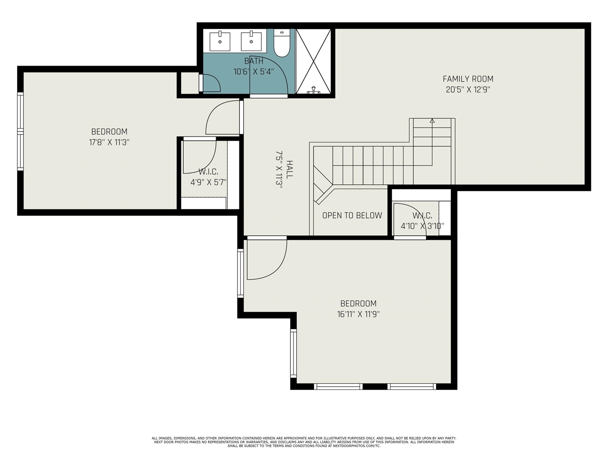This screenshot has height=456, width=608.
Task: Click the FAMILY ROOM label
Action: pos(468,79)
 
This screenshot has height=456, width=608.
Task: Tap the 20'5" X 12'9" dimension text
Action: pos(468,90)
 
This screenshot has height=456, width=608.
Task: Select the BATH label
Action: pos(254,61)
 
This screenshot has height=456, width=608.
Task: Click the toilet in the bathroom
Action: pos(282,45)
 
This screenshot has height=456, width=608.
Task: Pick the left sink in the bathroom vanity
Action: pos(220,41)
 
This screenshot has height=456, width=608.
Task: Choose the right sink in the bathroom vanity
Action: pos(251,41)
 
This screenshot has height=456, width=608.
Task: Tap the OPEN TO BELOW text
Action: pos(352,215)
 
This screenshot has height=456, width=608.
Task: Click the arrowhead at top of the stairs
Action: pos(432,121)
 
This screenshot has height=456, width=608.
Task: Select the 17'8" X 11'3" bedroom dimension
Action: pos(109,142)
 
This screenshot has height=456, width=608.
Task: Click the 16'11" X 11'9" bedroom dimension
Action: pos(358,314)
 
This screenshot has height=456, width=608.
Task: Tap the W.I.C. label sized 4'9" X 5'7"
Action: pos(208,171)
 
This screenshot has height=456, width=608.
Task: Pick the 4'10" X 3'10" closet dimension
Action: pos(422,226)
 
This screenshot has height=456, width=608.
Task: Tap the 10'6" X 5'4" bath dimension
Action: pos(254,72)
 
